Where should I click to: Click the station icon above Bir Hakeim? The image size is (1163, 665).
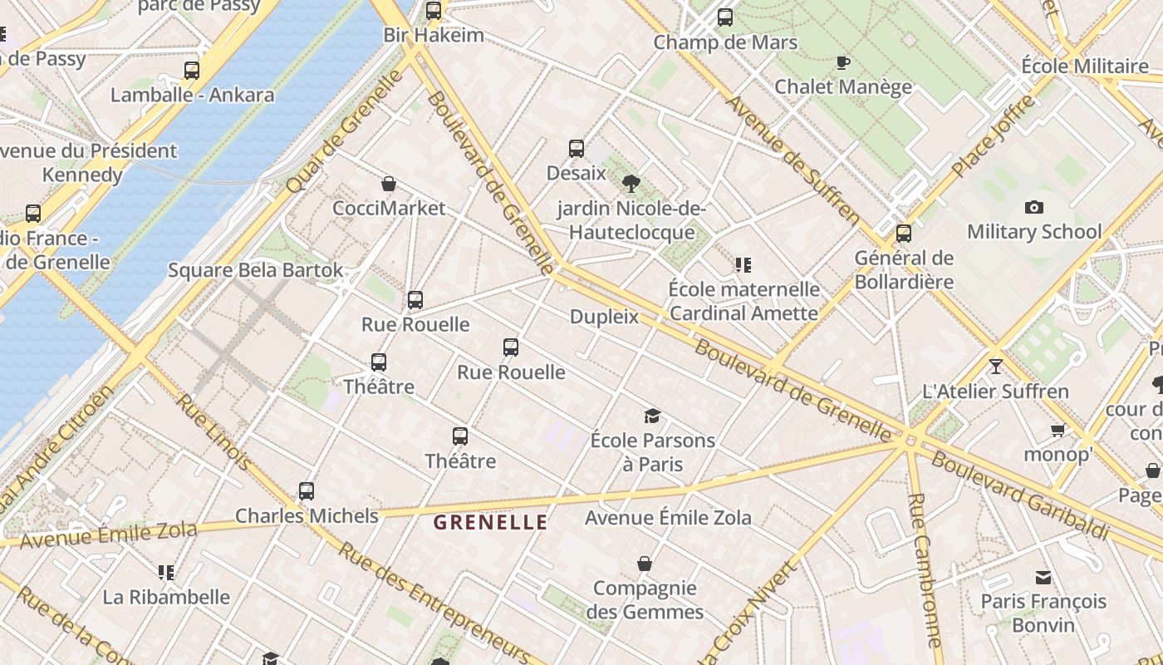tap(434, 11)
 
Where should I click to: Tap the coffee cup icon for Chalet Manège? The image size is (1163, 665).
tap(842, 62)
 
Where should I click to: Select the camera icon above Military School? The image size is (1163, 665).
tap(1033, 207)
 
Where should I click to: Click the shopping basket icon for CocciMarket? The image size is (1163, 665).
tap(388, 184)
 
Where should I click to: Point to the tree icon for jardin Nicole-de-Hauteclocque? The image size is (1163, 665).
tap(631, 184)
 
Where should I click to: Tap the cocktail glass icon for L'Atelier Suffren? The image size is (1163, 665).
tap(995, 366)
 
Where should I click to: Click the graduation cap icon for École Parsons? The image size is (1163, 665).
tap(652, 416)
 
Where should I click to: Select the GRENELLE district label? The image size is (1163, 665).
tap(491, 523)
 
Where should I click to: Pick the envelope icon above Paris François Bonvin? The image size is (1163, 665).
tap(1043, 577)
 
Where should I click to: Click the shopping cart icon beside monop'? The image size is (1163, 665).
tap(1057, 430)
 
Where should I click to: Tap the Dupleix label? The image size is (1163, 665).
tap(604, 317)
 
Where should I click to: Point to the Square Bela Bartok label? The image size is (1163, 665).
tap(256, 270)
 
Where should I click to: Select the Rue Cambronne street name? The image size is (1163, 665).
tap(922, 569)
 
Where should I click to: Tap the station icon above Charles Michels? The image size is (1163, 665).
tap(307, 491)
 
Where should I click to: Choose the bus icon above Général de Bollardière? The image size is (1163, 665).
tap(903, 234)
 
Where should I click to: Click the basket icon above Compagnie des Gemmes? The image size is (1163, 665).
tap(644, 564)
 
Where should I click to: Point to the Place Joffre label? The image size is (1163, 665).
tap(994, 135)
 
